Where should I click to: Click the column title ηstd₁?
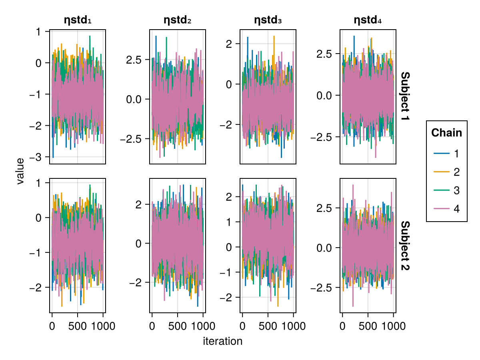pyautogui.click(x=78, y=20)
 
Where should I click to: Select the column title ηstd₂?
pyautogui.click(x=178, y=20)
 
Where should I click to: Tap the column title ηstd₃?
pyautogui.click(x=268, y=20)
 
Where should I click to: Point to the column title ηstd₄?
pyautogui.click(x=368, y=20)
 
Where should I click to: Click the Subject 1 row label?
pyautogui.click(x=405, y=97)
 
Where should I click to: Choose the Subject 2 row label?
pyautogui.click(x=405, y=246)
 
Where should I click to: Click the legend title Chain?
pyautogui.click(x=446, y=133)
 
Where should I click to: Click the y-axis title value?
pyautogui.click(x=20, y=171)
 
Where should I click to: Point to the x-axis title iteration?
pyautogui.click(x=222, y=341)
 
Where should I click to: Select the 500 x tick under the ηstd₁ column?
pyautogui.click(x=77, y=326)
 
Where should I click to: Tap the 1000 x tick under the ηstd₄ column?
pyautogui.click(x=393, y=326)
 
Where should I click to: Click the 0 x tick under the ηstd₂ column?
pyautogui.click(x=152, y=326)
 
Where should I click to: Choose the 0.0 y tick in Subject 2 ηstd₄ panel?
pyautogui.click(x=326, y=248)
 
